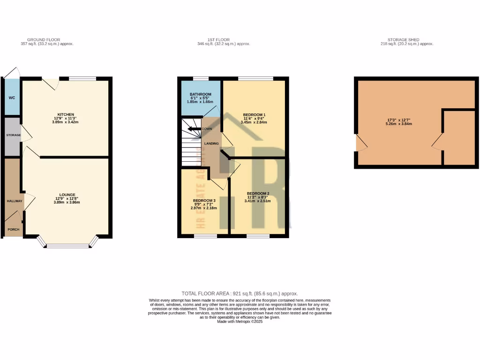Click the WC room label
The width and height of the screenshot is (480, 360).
(12, 98)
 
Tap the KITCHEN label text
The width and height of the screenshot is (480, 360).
(66, 114)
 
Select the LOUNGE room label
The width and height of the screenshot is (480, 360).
(67, 195)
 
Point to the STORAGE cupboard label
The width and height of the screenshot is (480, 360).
(14, 135)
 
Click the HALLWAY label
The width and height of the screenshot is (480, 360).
(14, 201)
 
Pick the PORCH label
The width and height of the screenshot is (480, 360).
(13, 230)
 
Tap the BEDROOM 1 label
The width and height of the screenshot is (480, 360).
(254, 115)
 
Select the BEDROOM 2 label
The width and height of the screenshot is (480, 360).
(258, 194)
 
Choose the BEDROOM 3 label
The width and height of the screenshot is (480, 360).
(204, 200)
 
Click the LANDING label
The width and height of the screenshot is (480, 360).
(212, 143)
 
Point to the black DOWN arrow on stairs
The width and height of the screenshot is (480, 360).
(193, 129)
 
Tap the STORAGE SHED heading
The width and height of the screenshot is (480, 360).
(406, 40)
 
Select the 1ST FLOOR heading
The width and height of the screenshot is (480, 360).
(223, 40)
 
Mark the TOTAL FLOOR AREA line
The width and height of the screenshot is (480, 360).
(240, 293)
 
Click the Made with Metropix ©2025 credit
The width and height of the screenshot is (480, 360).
(240, 322)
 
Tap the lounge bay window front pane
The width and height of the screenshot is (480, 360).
(67, 246)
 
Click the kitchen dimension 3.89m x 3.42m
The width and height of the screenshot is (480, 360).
(66, 122)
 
